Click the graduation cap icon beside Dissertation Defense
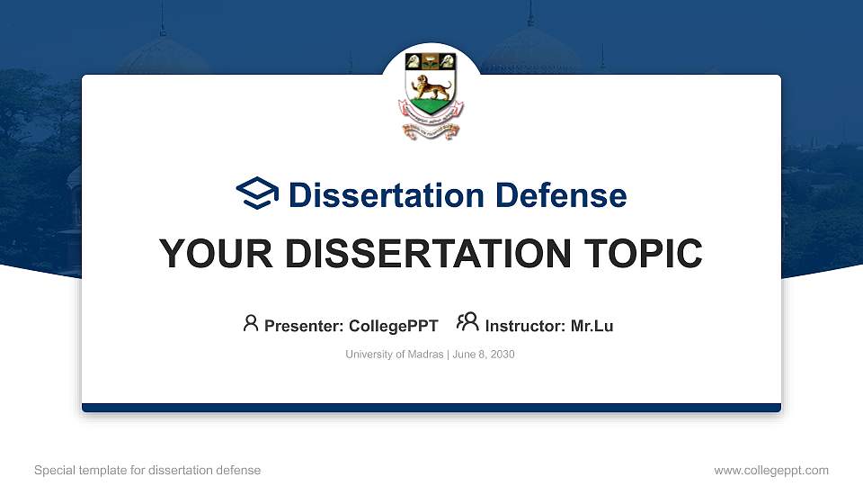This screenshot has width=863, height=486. coord(258,194)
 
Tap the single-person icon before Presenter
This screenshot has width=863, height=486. coord(251,323)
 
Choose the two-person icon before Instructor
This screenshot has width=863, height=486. coord(467,323)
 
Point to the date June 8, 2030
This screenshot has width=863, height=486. coord(484,355)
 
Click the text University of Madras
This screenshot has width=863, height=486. coord(394,355)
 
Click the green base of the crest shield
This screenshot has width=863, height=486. coord(431,112)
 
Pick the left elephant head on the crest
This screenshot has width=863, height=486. coord(414,62)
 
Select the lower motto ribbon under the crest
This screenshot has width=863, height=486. coord(431,131)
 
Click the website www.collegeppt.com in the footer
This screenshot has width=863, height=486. coord(771,470)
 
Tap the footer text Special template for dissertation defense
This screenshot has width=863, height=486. coord(147,470)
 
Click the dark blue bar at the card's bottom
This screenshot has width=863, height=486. coord(431,408)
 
